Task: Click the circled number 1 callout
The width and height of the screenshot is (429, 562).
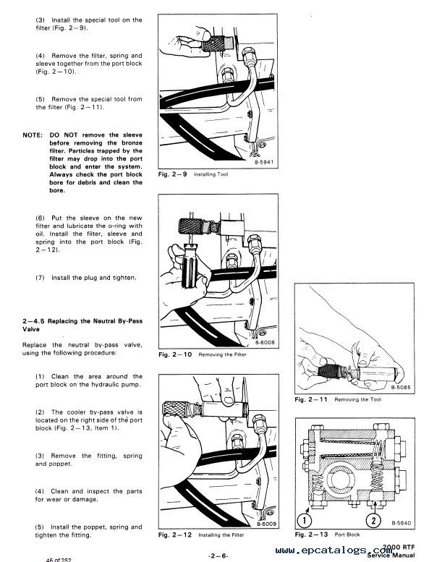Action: click(x=305, y=520)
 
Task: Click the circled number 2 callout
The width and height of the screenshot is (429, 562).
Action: click(x=373, y=520)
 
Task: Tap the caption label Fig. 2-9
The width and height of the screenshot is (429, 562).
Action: click(x=172, y=174)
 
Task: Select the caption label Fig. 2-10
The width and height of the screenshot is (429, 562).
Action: click(x=175, y=355)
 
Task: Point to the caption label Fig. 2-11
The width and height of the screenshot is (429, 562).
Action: click(x=311, y=399)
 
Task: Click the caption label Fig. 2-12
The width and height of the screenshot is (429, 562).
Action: click(x=175, y=535)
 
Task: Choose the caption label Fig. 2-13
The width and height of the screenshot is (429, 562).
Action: click(x=312, y=535)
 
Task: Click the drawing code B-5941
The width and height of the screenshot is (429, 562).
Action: click(x=264, y=162)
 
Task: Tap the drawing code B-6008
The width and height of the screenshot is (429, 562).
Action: click(x=265, y=342)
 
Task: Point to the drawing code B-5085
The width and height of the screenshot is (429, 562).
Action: click(x=401, y=388)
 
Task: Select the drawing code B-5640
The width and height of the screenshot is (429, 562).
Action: click(x=402, y=523)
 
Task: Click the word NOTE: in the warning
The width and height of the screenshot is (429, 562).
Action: click(x=33, y=135)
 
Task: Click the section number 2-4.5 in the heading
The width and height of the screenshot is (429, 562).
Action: click(x=34, y=321)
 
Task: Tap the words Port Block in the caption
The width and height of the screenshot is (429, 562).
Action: click(x=347, y=535)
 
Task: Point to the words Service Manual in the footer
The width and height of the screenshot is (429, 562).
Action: click(x=391, y=555)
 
